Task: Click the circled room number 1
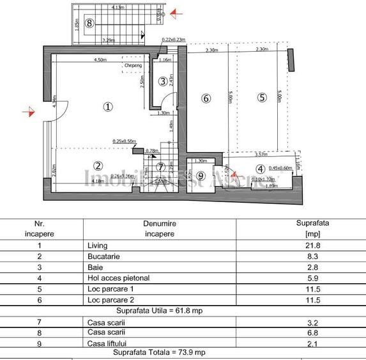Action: point(108,107)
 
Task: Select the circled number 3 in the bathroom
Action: point(164,81)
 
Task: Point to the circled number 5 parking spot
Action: point(261,98)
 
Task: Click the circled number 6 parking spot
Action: point(205,98)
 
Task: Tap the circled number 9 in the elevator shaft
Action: point(201,176)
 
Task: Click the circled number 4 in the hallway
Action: point(260,169)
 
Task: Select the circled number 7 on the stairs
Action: point(160,167)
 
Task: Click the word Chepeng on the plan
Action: point(133,65)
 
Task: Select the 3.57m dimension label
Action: point(260,154)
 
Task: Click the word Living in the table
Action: point(98,245)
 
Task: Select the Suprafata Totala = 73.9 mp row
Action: point(160,352)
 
